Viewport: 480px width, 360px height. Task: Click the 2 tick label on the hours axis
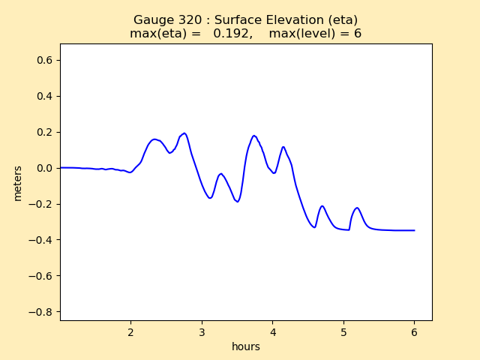tap(130, 331)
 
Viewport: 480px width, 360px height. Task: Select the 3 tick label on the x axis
tap(202, 331)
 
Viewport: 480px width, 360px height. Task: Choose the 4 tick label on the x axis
tap(273, 331)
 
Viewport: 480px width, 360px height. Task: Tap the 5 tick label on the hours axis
tap(343, 331)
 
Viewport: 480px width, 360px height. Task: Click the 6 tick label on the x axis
tap(415, 331)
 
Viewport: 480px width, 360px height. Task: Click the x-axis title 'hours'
tap(246, 346)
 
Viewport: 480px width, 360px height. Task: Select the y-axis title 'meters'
tap(17, 182)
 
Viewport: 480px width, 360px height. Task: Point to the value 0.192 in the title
tap(232, 34)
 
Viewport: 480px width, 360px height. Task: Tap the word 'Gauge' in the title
tap(152, 20)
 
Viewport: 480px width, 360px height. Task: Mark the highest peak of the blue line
tap(184, 133)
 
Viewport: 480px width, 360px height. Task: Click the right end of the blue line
tap(415, 230)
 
